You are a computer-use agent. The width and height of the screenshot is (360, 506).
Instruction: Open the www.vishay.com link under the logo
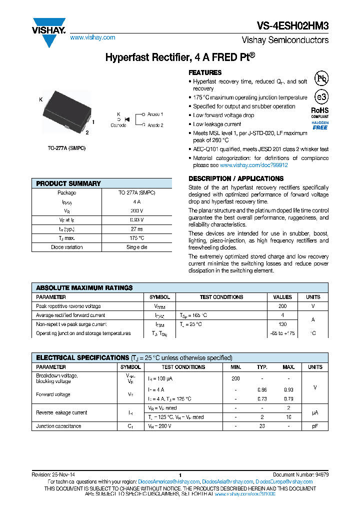click(x=92, y=37)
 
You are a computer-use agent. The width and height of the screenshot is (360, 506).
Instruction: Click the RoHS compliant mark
click(x=320, y=112)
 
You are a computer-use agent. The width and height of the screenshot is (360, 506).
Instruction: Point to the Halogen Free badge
click(x=320, y=125)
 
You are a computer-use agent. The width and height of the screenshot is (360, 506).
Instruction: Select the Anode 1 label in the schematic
click(x=155, y=114)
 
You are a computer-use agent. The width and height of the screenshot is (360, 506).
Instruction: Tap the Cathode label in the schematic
click(x=118, y=125)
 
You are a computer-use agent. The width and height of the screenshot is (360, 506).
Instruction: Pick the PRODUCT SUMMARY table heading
click(x=68, y=183)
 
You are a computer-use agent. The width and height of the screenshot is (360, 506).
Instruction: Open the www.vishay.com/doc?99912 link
click(x=253, y=165)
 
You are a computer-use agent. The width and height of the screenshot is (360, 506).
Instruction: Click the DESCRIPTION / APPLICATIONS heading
click(x=236, y=178)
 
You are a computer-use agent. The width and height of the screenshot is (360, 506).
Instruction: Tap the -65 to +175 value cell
click(x=282, y=333)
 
